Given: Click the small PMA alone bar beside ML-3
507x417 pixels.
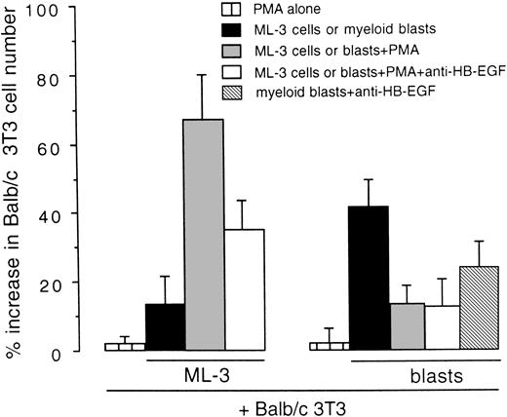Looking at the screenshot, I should click(x=125, y=347).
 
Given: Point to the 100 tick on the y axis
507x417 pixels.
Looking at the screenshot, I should click(x=69, y=11).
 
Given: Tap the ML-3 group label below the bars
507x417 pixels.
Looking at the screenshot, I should click(x=205, y=373).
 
